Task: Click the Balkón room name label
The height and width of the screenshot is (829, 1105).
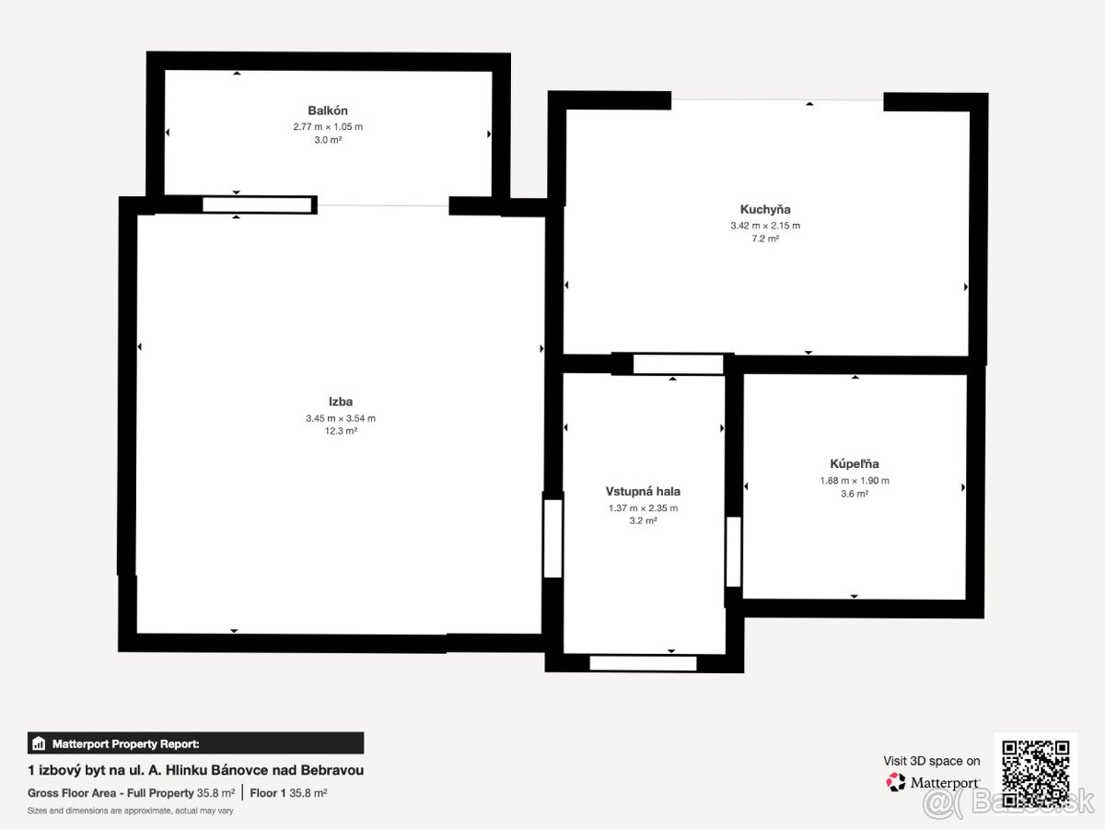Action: (x=328, y=111)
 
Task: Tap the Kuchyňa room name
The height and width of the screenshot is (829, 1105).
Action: (x=765, y=209)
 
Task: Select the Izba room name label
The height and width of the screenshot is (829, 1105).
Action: (x=341, y=402)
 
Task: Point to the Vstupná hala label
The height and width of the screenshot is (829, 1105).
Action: (x=643, y=491)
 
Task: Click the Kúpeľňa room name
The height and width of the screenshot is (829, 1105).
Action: (x=855, y=464)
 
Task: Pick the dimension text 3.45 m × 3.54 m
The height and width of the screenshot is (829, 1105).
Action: (x=341, y=418)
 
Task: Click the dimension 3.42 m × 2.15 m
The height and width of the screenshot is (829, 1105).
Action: (x=765, y=226)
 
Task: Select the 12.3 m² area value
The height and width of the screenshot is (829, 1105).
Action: (x=341, y=431)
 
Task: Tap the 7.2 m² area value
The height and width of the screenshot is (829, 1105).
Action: (x=765, y=239)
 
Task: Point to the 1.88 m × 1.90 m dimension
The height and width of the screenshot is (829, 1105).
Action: (x=855, y=481)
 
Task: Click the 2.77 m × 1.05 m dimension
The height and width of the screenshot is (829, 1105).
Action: (x=328, y=127)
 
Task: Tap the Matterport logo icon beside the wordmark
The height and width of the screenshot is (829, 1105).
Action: (x=896, y=782)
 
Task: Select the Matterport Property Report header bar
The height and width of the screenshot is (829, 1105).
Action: (x=196, y=743)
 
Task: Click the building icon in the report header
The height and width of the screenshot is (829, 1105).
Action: (x=39, y=743)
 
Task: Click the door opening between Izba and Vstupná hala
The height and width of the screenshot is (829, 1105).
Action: (x=552, y=538)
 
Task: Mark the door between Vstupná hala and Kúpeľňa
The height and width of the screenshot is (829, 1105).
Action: (x=734, y=552)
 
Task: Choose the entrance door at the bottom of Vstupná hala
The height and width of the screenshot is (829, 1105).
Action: (x=643, y=663)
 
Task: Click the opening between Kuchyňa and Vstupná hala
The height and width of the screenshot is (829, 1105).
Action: (x=678, y=364)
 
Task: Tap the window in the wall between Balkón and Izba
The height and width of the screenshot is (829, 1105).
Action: (x=257, y=204)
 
